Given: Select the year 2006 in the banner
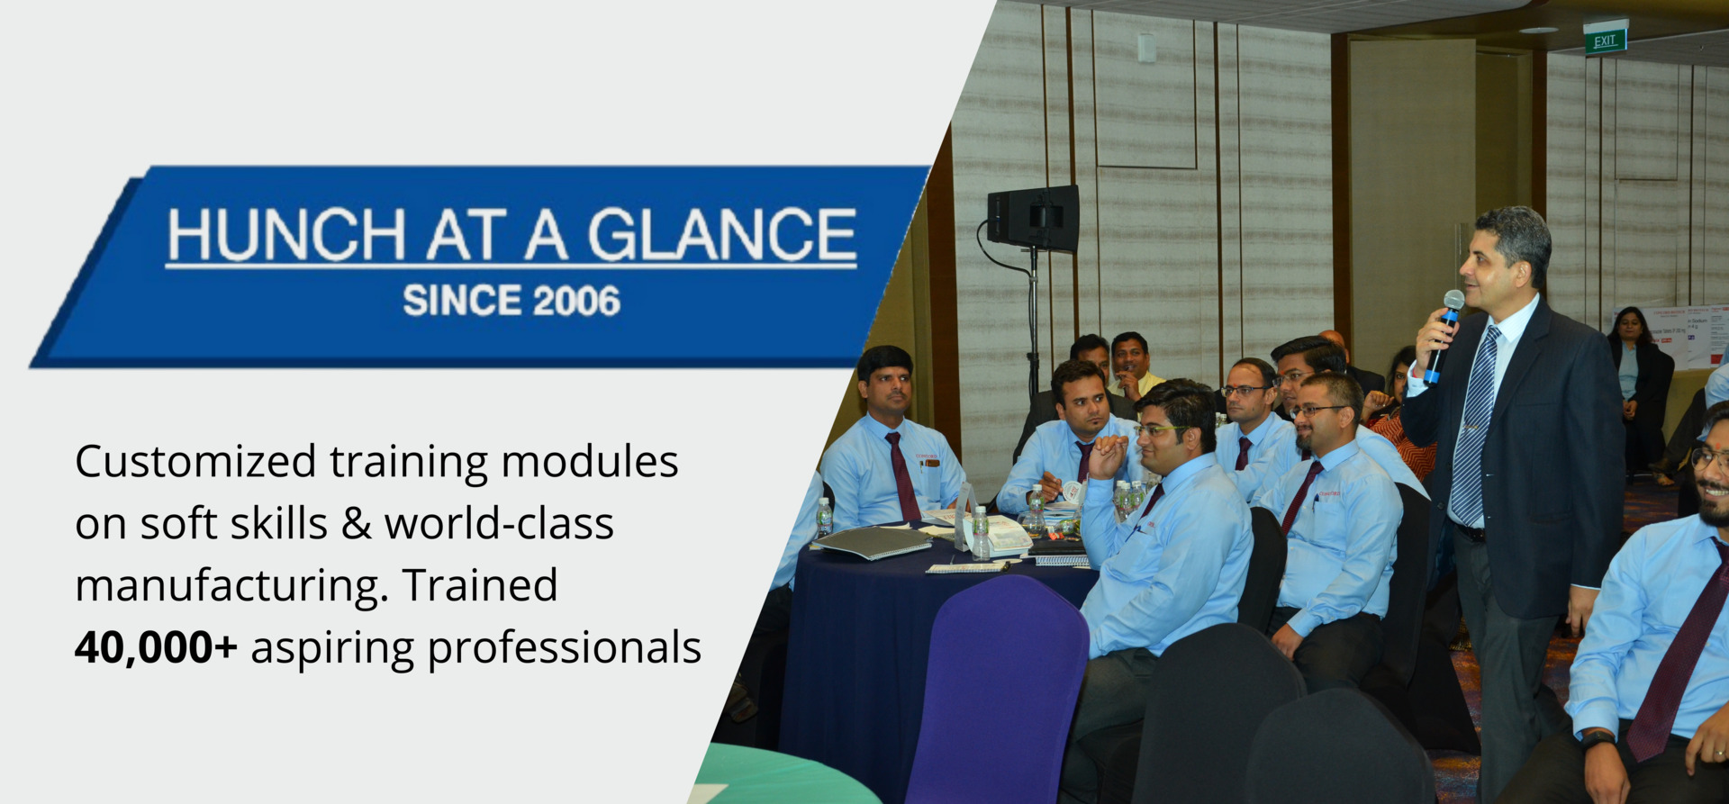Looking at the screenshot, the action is pyautogui.click(x=576, y=301).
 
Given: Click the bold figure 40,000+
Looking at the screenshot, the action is pyautogui.click(x=156, y=647).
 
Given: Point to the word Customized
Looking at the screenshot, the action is pyautogui.click(x=195, y=462).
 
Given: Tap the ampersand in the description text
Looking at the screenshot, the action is pyautogui.click(x=357, y=524).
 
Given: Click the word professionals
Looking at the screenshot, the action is pyautogui.click(x=565, y=649).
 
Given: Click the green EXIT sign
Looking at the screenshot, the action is pyautogui.click(x=1606, y=40).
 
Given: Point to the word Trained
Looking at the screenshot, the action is pyautogui.click(x=480, y=585).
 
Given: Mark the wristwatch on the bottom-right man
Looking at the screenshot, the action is pyautogui.click(x=1597, y=740).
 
